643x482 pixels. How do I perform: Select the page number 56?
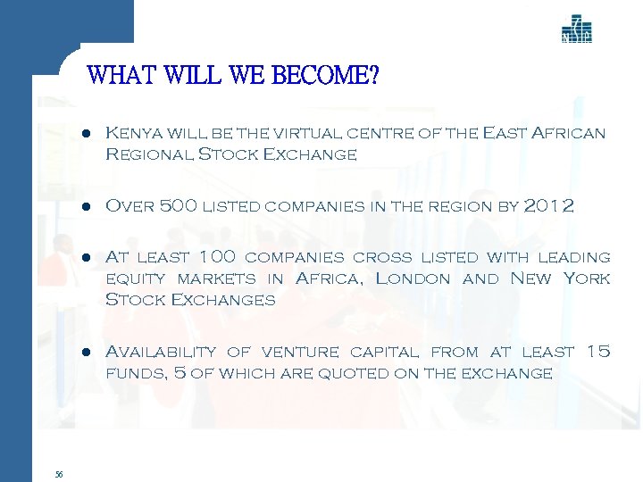(58, 475)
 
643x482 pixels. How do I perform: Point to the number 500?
(179, 206)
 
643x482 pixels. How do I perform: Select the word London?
(413, 278)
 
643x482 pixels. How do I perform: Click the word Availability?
(161, 352)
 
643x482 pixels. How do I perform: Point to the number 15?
(597, 352)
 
